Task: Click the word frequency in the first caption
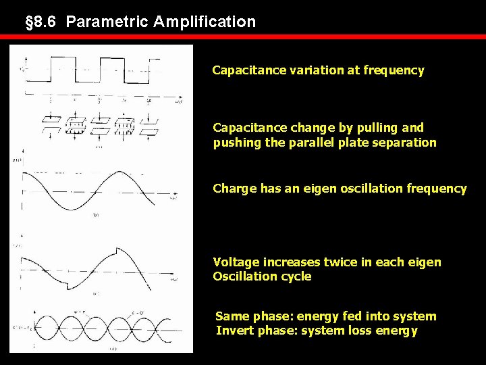[394, 70]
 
